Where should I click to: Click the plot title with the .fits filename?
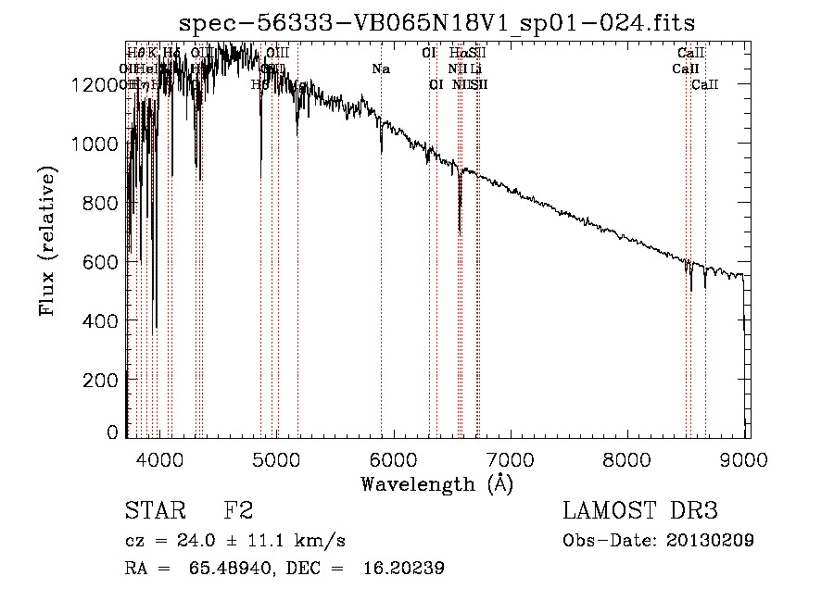pyautogui.click(x=436, y=21)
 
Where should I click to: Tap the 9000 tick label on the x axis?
pyautogui.click(x=746, y=458)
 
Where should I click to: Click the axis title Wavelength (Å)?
pyautogui.click(x=436, y=483)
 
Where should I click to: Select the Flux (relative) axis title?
pyautogui.click(x=47, y=241)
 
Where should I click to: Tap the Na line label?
pyautogui.click(x=380, y=69)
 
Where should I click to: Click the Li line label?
pyautogui.click(x=475, y=69)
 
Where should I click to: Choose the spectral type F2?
pyautogui.click(x=238, y=511)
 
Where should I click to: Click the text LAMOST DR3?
pyautogui.click(x=640, y=511)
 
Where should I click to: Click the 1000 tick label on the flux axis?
pyautogui.click(x=94, y=144)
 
